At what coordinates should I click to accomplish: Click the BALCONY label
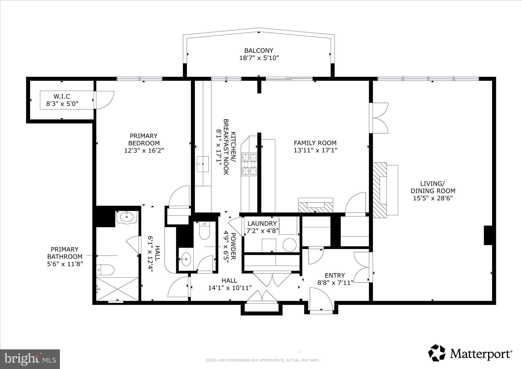click(x=259, y=50)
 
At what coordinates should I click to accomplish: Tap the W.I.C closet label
click(x=62, y=96)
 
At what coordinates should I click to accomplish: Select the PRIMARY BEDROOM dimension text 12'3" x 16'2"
click(x=144, y=150)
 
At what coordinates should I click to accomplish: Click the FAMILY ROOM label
click(x=315, y=143)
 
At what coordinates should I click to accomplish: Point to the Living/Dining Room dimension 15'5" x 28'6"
click(x=433, y=198)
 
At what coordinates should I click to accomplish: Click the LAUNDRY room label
click(x=262, y=224)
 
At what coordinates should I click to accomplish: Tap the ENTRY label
click(x=335, y=275)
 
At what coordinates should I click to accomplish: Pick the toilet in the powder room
click(x=204, y=231)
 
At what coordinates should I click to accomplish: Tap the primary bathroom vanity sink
click(x=127, y=217)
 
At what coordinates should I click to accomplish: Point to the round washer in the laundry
click(x=289, y=245)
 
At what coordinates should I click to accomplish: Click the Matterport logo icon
click(x=437, y=353)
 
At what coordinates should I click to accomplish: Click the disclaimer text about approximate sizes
click(x=262, y=360)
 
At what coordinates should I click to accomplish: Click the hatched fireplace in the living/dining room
click(x=380, y=190)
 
